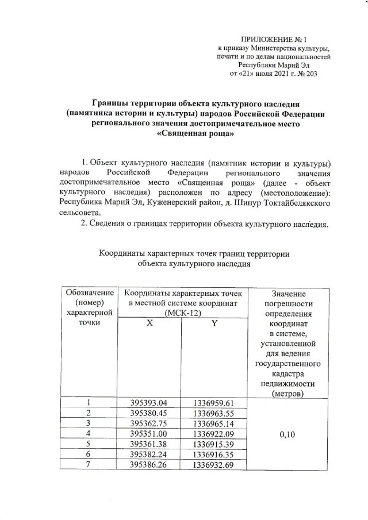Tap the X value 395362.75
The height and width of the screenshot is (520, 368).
pyautogui.click(x=149, y=423)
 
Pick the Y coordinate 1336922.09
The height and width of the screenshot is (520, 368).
pyautogui.click(x=213, y=433)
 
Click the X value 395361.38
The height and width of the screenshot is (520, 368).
pyautogui.click(x=149, y=444)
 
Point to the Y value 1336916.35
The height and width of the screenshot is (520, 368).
pyautogui.click(x=213, y=454)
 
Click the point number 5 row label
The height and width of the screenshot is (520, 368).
pyautogui.click(x=89, y=444)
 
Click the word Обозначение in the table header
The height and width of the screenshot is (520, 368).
pyautogui.click(x=89, y=292)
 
